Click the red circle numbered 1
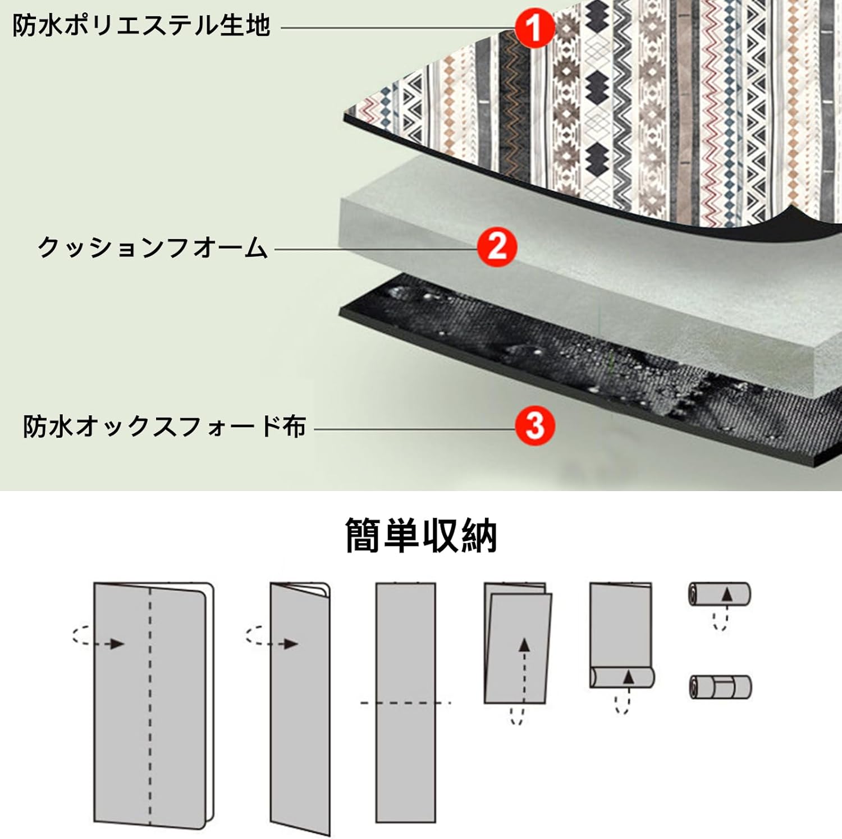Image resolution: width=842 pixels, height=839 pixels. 534,27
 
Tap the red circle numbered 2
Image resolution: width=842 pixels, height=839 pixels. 497,246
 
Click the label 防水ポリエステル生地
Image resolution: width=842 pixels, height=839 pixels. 141,26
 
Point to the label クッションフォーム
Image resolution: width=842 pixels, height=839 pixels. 153,247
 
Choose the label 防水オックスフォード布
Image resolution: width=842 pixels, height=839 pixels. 164,427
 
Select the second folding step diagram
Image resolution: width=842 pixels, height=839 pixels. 300,707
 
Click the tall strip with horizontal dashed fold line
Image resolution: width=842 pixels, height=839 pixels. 405,702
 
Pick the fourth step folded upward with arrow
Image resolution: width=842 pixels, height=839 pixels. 517,645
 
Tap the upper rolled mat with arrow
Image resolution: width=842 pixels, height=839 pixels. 720,594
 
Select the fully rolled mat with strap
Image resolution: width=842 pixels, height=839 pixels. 720,687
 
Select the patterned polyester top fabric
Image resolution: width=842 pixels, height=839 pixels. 617,112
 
